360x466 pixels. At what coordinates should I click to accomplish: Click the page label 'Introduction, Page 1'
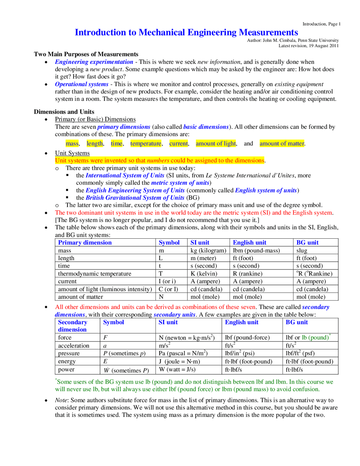pos(321,24)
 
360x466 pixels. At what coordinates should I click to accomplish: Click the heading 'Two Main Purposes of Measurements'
pos(86,54)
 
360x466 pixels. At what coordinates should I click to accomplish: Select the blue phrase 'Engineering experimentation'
pos(94,62)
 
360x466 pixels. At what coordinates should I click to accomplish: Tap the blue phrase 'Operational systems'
pos(82,84)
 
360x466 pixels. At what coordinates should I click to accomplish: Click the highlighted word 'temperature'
pos(146,144)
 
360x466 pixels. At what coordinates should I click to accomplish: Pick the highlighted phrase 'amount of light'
pos(216,144)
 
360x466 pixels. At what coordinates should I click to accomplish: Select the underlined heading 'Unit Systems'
pos(72,153)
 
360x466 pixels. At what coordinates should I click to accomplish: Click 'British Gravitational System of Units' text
pos(135,198)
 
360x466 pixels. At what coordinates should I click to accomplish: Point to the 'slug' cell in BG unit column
pos(302,250)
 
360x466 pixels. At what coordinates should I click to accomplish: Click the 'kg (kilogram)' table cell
pos(208,250)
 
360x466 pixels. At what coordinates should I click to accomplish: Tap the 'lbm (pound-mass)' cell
pos(256,250)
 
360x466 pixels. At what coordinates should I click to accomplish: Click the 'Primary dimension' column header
pos(85,243)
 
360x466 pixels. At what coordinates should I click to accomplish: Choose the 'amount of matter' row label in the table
pos(80,297)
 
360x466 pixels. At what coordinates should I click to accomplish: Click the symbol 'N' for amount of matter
pos(161,297)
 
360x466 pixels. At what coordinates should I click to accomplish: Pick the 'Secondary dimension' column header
pos(73,326)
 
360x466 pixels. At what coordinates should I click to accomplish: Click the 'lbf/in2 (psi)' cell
pos(240,353)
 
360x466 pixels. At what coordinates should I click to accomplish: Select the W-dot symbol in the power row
pos(106,370)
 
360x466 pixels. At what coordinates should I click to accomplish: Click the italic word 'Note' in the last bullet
pos(61,400)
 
